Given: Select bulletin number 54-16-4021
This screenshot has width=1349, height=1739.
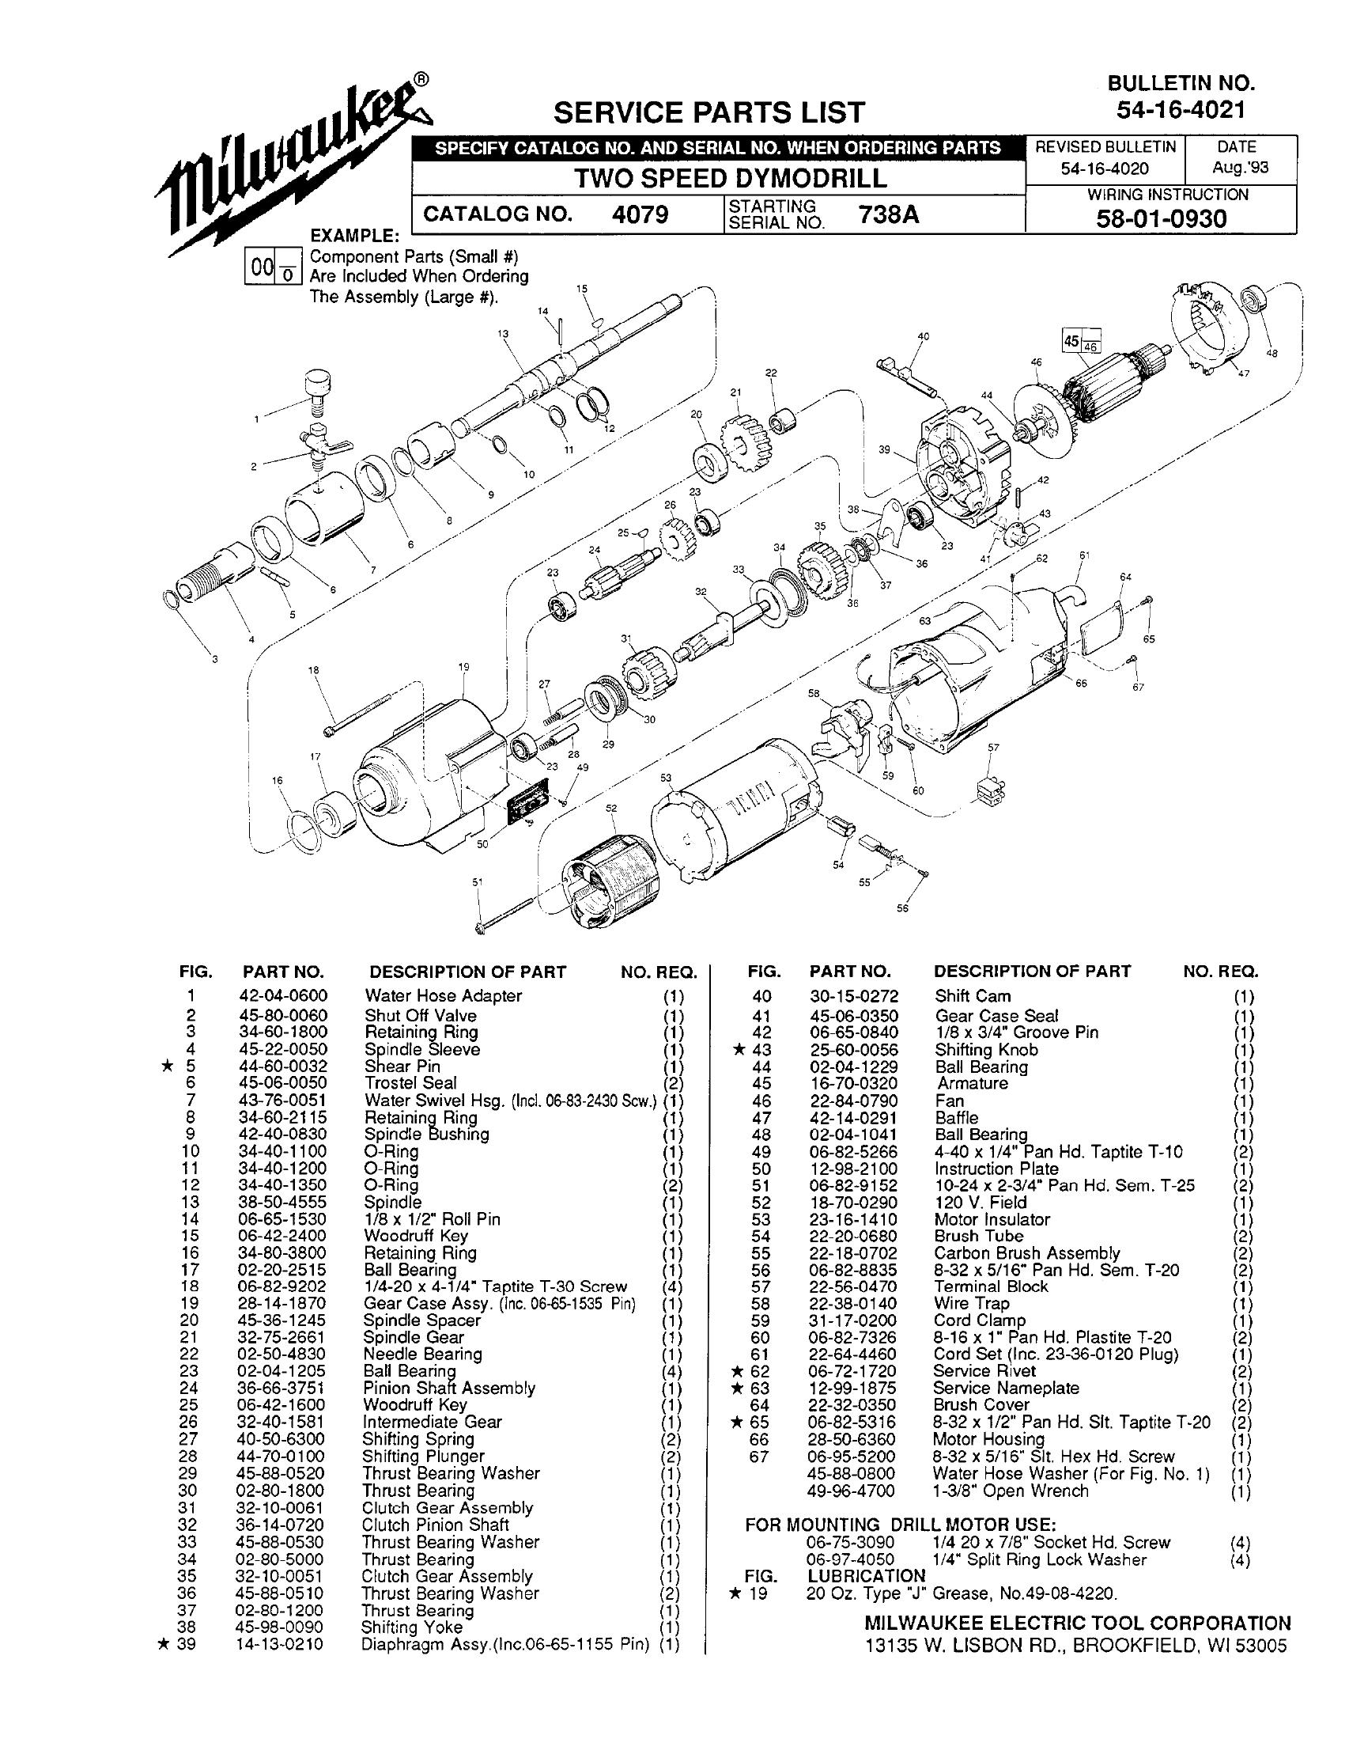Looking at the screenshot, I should (x=1181, y=111).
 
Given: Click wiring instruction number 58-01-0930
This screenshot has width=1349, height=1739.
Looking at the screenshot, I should (x=1161, y=218).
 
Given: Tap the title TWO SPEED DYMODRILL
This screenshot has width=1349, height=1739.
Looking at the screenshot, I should (x=731, y=177).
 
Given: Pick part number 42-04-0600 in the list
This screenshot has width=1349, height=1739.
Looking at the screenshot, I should (x=283, y=995).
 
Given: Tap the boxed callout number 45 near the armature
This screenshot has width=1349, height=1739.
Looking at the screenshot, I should (x=1071, y=341).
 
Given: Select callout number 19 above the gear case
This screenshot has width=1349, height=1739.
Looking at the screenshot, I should (x=464, y=666).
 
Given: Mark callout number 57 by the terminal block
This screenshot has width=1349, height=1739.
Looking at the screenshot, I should (x=993, y=748).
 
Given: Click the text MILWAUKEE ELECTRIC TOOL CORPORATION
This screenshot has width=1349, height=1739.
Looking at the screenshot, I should (x=1078, y=1623).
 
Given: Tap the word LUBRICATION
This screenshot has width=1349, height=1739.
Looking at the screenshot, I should (x=867, y=1576).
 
